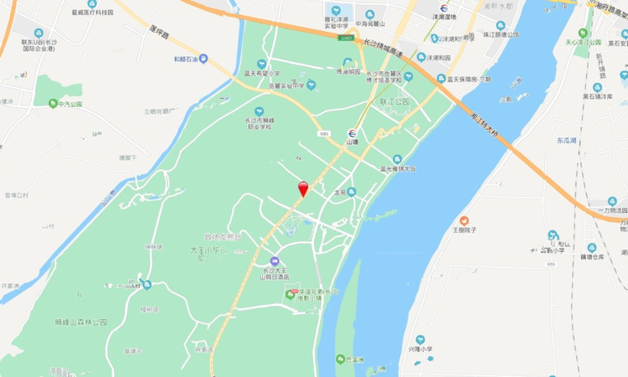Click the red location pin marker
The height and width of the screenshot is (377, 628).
[303, 188]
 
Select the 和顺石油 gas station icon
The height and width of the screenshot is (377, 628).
[189, 59]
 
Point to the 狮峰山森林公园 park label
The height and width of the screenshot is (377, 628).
[80, 322]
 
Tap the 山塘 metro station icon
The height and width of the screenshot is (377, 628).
[353, 131]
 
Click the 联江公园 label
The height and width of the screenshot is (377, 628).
[394, 101]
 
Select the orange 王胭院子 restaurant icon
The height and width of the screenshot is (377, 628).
[464, 220]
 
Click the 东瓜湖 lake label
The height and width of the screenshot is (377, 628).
[567, 141]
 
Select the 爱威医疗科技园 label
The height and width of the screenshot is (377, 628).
[92, 13]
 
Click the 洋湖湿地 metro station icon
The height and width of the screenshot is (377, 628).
[443, 8]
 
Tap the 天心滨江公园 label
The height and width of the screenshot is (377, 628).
[584, 41]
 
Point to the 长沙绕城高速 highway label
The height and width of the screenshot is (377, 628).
[383, 47]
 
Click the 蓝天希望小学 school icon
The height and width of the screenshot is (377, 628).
[262, 64]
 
